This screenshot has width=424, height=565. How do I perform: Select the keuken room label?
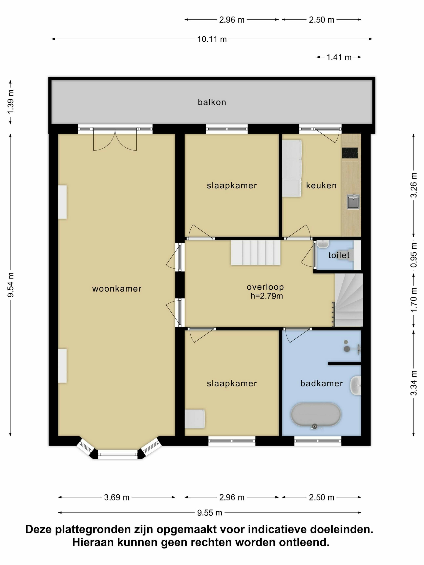click(321, 185)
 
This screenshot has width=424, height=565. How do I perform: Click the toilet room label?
click(339, 255)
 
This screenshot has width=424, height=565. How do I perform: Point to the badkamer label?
click(321, 383)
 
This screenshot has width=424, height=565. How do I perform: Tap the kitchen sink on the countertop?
click(353, 202)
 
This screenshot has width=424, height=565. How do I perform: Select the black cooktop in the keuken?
click(350, 153)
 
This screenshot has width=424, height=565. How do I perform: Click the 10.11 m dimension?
click(212, 39)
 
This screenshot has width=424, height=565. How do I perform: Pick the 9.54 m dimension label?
click(11, 285)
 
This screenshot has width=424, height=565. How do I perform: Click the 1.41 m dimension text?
click(339, 57)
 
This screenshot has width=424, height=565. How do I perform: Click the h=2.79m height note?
click(267, 296)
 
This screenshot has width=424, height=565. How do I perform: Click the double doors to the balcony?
click(115, 139)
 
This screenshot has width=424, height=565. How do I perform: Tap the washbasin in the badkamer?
click(356, 385)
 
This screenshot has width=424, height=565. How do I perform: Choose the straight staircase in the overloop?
click(256, 253)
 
